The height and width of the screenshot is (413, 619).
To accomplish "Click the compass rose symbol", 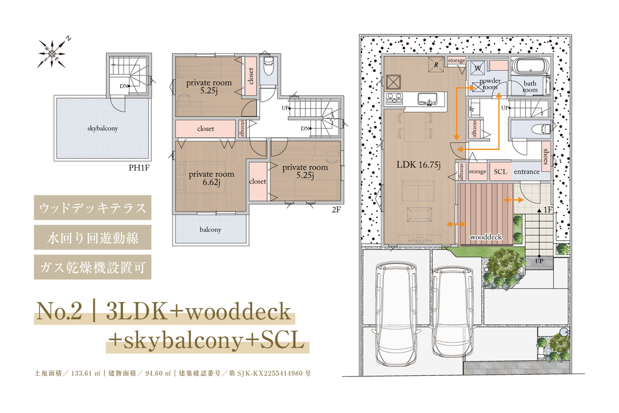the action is click(52, 53).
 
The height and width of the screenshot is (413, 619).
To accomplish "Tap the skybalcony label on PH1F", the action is click(103, 129).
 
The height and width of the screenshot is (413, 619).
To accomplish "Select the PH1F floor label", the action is click(139, 168).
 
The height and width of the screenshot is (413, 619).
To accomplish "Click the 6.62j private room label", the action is click(211, 178).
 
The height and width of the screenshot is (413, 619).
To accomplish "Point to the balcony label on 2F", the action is click(210, 230).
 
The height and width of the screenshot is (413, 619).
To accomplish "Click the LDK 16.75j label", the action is click(418, 165).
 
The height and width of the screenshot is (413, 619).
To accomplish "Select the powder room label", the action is click(490, 84).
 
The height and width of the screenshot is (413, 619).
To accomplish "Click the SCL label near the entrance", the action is click(500, 172).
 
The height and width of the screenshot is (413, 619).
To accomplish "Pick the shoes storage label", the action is click(546, 156).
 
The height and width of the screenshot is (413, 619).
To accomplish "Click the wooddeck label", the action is click(486, 237).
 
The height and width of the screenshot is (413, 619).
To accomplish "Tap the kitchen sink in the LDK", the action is click(427, 99).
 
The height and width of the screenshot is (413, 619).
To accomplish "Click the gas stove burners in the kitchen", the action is click(394, 99).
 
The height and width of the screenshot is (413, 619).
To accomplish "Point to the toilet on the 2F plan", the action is click(269, 66).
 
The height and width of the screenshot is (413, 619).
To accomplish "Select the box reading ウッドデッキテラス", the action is click(92, 208).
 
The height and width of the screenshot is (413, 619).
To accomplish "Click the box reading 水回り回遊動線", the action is click(92, 237).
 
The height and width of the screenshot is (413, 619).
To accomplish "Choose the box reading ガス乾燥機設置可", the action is click(92, 267).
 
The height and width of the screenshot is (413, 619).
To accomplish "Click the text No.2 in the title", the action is click(59, 311).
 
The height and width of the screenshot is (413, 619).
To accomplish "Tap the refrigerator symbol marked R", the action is click(436, 65).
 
